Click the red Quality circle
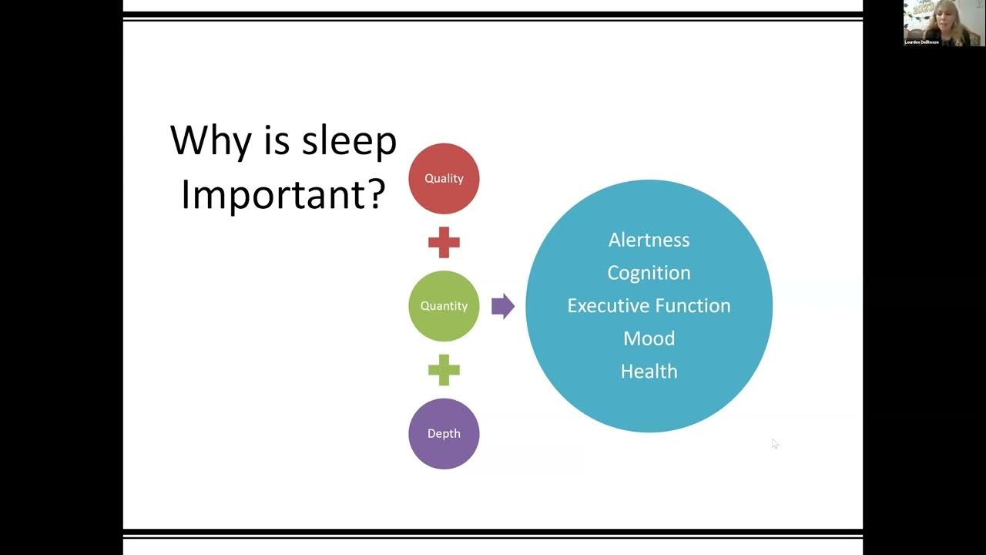444,178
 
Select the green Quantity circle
444,306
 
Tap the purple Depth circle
444,433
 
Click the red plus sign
444,243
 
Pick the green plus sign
444,370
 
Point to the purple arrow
502,306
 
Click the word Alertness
649,240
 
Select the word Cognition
649,273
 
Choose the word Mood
649,338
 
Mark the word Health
649,372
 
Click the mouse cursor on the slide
774,443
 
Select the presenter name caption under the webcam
921,42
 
